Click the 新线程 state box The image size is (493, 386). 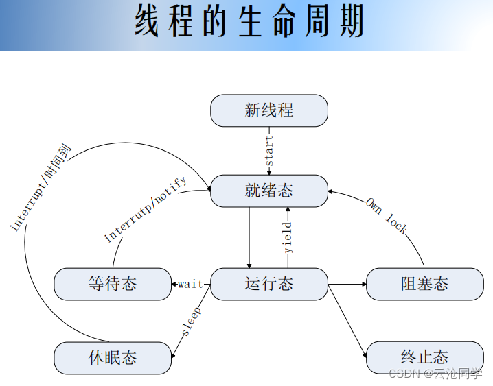tap(269, 110)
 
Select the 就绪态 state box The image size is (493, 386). tap(269, 191)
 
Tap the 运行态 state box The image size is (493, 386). tap(269, 284)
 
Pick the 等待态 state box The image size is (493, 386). tap(113, 284)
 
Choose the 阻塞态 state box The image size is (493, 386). tap(425, 284)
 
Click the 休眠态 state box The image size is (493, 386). tap(113, 358)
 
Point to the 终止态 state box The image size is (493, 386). tap(425, 358)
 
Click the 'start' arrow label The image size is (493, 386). tap(269, 152)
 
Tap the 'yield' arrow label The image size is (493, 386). tap(288, 237)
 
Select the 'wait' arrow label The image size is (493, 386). tap(190, 284)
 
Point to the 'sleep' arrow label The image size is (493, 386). tap(192, 322)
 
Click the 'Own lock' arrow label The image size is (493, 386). tap(387, 215)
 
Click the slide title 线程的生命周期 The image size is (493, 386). tap(248, 22)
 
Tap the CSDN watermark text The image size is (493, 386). tap(435, 373)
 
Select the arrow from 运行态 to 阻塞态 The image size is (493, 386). tap(347, 284)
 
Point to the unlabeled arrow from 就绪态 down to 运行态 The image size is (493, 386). tap(249, 237)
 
